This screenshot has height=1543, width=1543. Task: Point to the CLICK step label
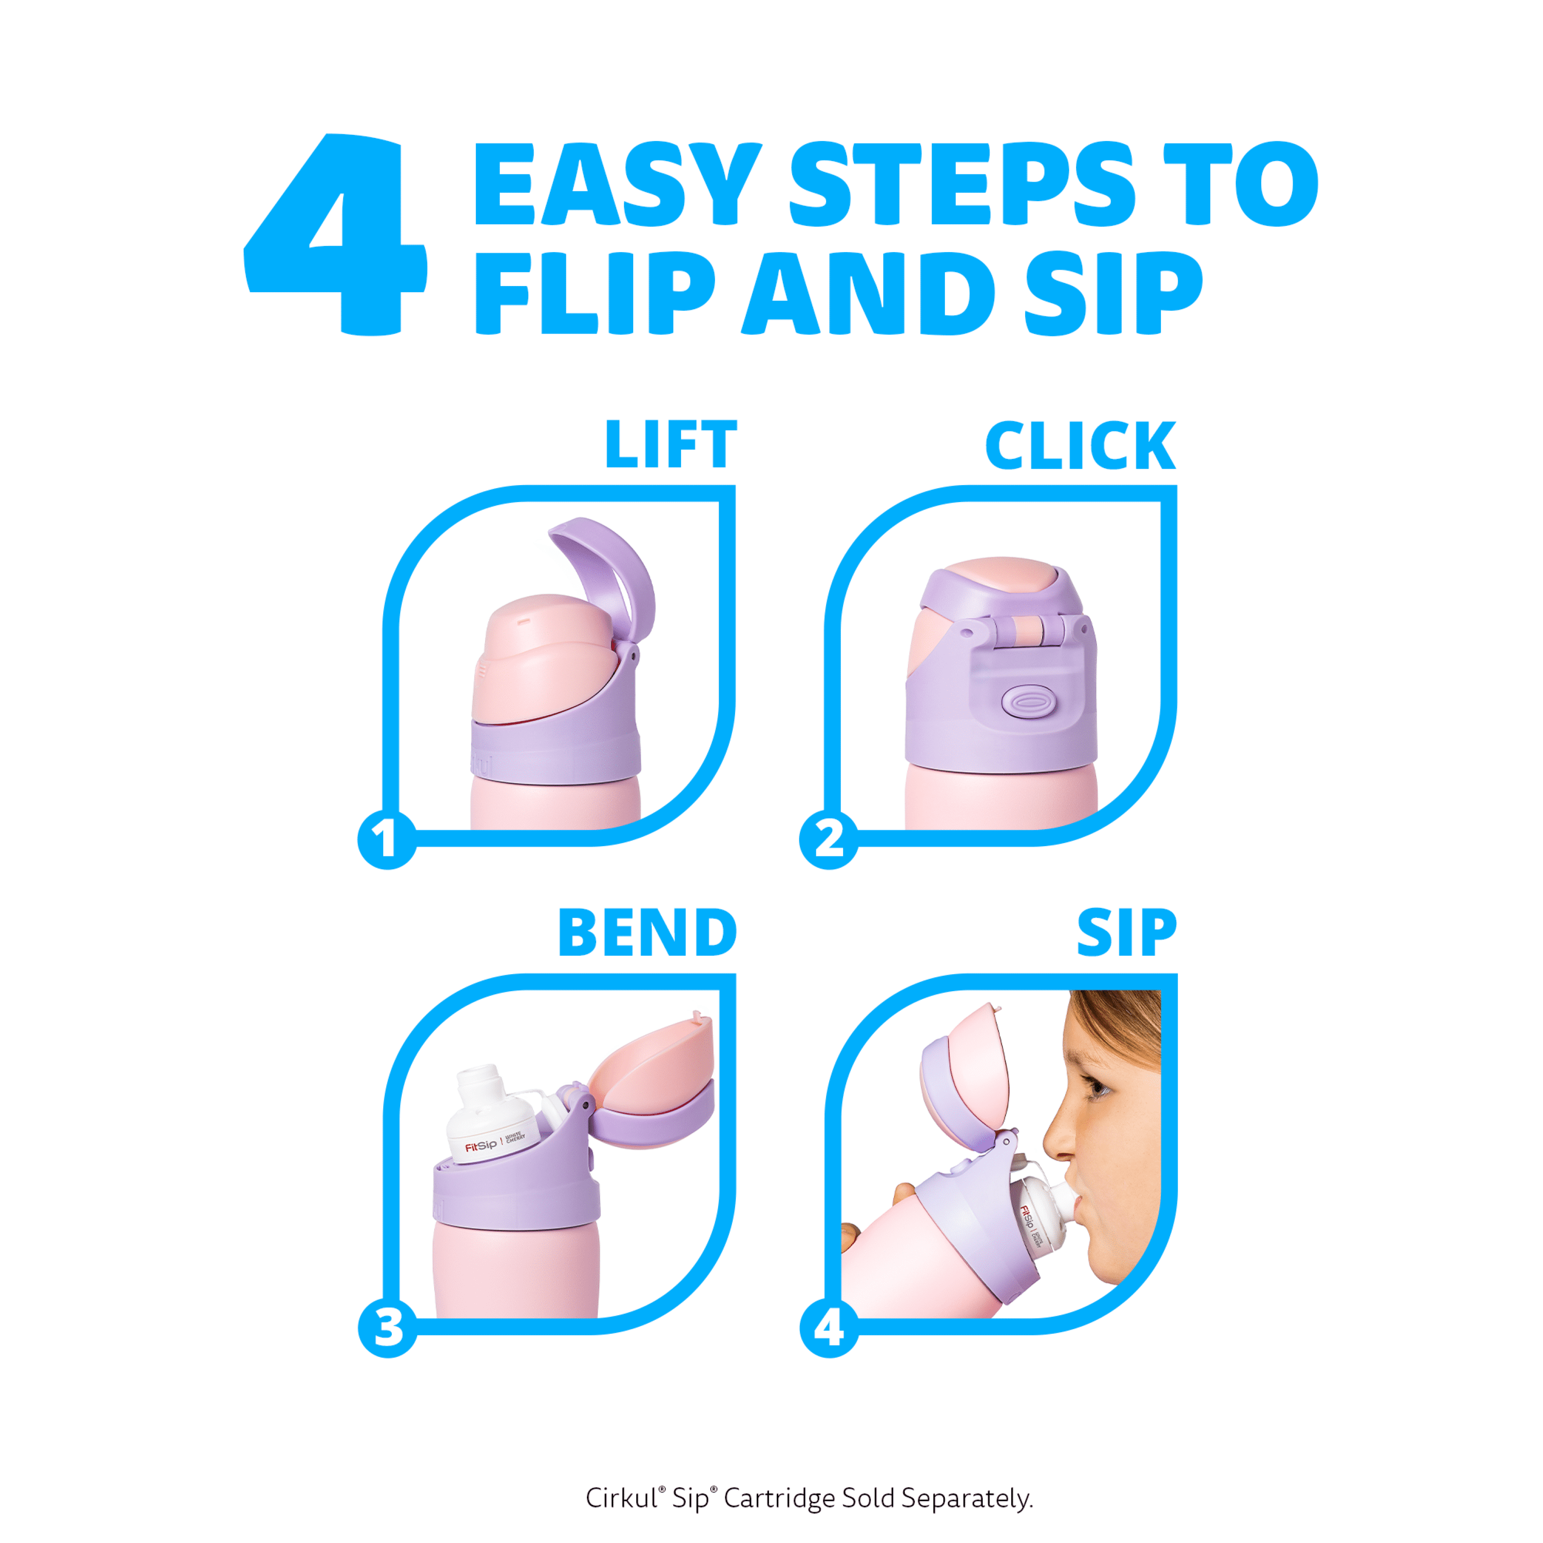(1080, 445)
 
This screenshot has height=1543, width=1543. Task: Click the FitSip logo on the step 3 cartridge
(481, 1147)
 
